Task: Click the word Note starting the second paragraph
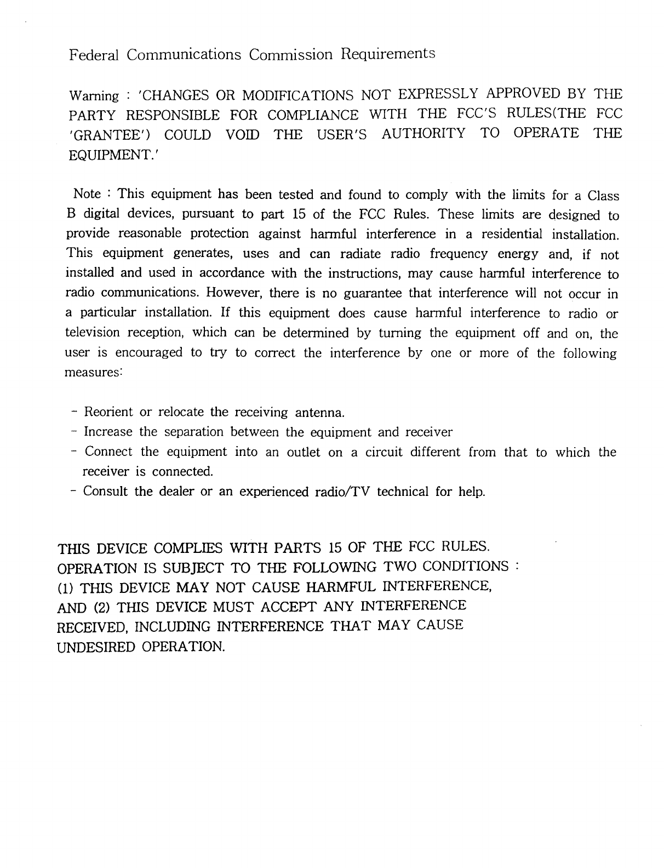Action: [x=87, y=194]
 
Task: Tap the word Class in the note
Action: [x=603, y=196]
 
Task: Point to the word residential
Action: [x=512, y=235]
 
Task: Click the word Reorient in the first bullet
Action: [x=108, y=412]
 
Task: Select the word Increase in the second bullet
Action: [x=108, y=432]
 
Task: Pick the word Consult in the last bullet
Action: [x=106, y=491]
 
